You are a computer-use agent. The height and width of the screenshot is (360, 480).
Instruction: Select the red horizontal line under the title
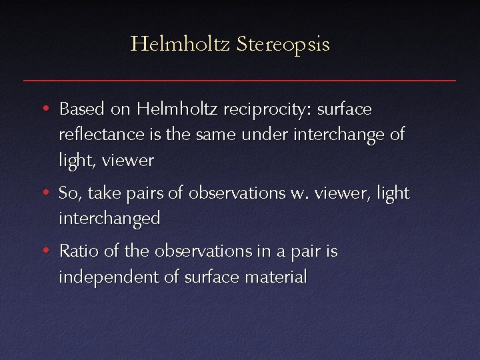click(x=240, y=80)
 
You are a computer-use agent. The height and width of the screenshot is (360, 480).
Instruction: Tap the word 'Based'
click(x=81, y=108)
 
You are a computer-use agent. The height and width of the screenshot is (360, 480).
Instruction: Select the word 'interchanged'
click(x=109, y=219)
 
